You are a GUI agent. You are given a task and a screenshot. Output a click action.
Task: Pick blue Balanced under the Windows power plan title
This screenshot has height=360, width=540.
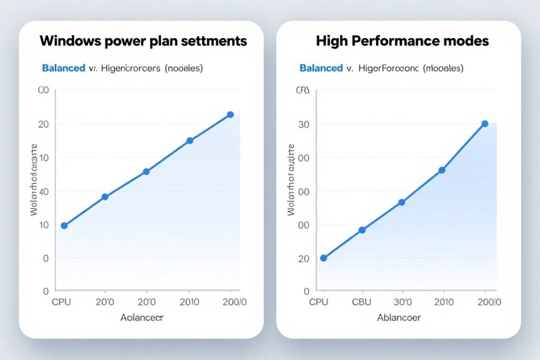63,68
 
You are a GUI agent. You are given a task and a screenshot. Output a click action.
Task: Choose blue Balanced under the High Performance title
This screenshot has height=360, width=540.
321,68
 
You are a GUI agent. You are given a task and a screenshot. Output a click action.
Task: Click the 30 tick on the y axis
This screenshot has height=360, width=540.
303,124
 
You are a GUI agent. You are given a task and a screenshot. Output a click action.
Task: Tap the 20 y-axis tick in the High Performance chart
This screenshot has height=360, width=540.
303,258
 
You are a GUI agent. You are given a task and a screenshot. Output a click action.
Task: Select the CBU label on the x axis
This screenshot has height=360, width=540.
361,302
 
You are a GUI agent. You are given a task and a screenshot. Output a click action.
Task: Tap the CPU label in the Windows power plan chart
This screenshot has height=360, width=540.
61,302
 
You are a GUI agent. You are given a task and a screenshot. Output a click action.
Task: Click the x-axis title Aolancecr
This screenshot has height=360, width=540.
142,318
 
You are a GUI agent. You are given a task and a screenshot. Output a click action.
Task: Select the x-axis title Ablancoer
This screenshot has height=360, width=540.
399,318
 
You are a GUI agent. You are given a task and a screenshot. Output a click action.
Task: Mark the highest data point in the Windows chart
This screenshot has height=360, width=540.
230,114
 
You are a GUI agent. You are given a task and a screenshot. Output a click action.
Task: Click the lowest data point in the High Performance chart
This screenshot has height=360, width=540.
323,258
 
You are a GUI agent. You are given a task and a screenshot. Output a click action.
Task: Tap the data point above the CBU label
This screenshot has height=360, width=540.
362,230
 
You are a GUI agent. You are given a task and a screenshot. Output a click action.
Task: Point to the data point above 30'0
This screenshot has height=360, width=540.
401,202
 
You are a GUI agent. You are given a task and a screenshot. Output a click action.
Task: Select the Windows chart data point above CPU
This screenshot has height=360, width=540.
64,226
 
